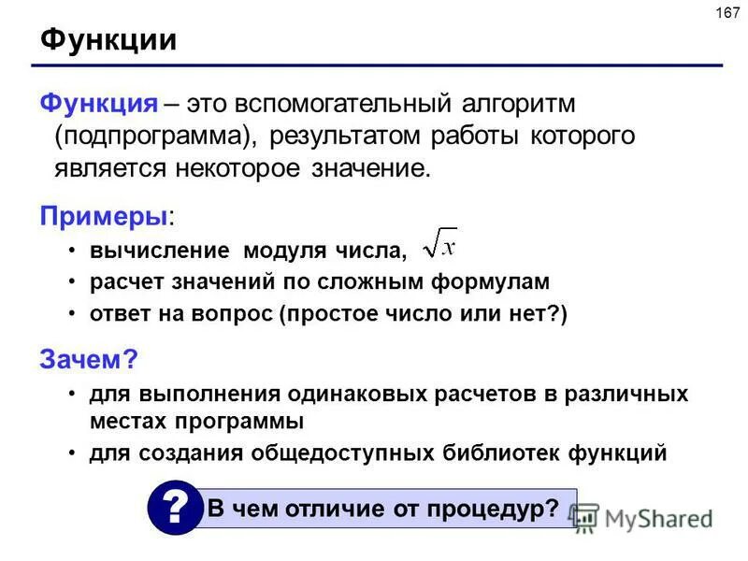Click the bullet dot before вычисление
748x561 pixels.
coord(74,250)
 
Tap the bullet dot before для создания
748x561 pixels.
coord(74,453)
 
